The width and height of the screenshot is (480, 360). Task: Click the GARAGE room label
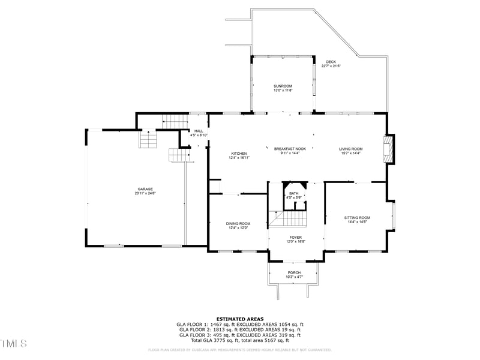[x=145, y=189]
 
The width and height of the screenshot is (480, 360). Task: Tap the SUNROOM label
[x=283, y=86]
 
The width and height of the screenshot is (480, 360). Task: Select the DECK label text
[x=331, y=62]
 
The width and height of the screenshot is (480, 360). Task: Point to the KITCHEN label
[x=239, y=154]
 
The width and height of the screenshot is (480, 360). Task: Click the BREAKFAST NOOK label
[x=290, y=149]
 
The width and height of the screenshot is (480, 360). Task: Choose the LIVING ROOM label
[x=351, y=149]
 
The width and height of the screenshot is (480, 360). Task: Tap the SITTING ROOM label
[x=357, y=218]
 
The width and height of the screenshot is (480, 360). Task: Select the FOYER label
[x=296, y=238]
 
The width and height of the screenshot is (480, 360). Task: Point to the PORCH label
[x=294, y=272]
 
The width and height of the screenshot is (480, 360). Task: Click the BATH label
[x=294, y=193]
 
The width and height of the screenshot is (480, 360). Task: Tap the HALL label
[x=199, y=131]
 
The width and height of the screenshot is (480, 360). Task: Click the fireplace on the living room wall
[x=390, y=149]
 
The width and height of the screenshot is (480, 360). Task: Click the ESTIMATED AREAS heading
[x=239, y=319]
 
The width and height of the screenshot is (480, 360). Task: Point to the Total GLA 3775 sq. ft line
[x=239, y=340]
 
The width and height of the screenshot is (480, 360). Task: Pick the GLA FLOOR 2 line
[x=239, y=329]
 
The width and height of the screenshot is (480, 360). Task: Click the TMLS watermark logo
[x=13, y=343]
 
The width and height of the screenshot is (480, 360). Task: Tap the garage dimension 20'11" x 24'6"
[x=145, y=193]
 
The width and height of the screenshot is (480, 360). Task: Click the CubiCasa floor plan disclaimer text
[x=239, y=350]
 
